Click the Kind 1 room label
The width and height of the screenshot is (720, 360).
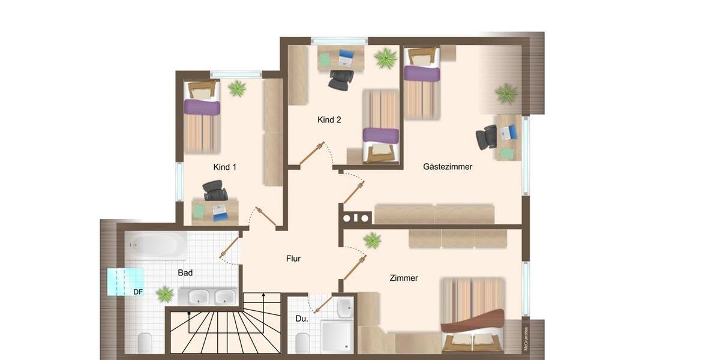[224, 167]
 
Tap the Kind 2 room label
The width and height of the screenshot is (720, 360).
[329, 120]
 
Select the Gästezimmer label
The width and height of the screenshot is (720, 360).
[448, 167]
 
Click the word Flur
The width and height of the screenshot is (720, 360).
[293, 259]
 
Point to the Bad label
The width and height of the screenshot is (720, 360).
[185, 273]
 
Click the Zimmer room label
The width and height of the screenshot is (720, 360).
[403, 278]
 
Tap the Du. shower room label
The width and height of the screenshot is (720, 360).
[301, 319]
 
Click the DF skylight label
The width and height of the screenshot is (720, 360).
[138, 292]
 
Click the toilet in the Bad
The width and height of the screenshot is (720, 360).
[145, 343]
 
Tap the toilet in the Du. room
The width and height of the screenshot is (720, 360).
[302, 343]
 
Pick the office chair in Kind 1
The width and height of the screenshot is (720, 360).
[215, 191]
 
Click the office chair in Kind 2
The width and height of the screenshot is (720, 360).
[341, 79]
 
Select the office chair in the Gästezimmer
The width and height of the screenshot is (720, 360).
[487, 137]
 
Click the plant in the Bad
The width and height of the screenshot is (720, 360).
[164, 294]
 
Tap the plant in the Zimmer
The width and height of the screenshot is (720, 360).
[372, 241]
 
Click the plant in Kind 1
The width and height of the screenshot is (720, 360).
[237, 89]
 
